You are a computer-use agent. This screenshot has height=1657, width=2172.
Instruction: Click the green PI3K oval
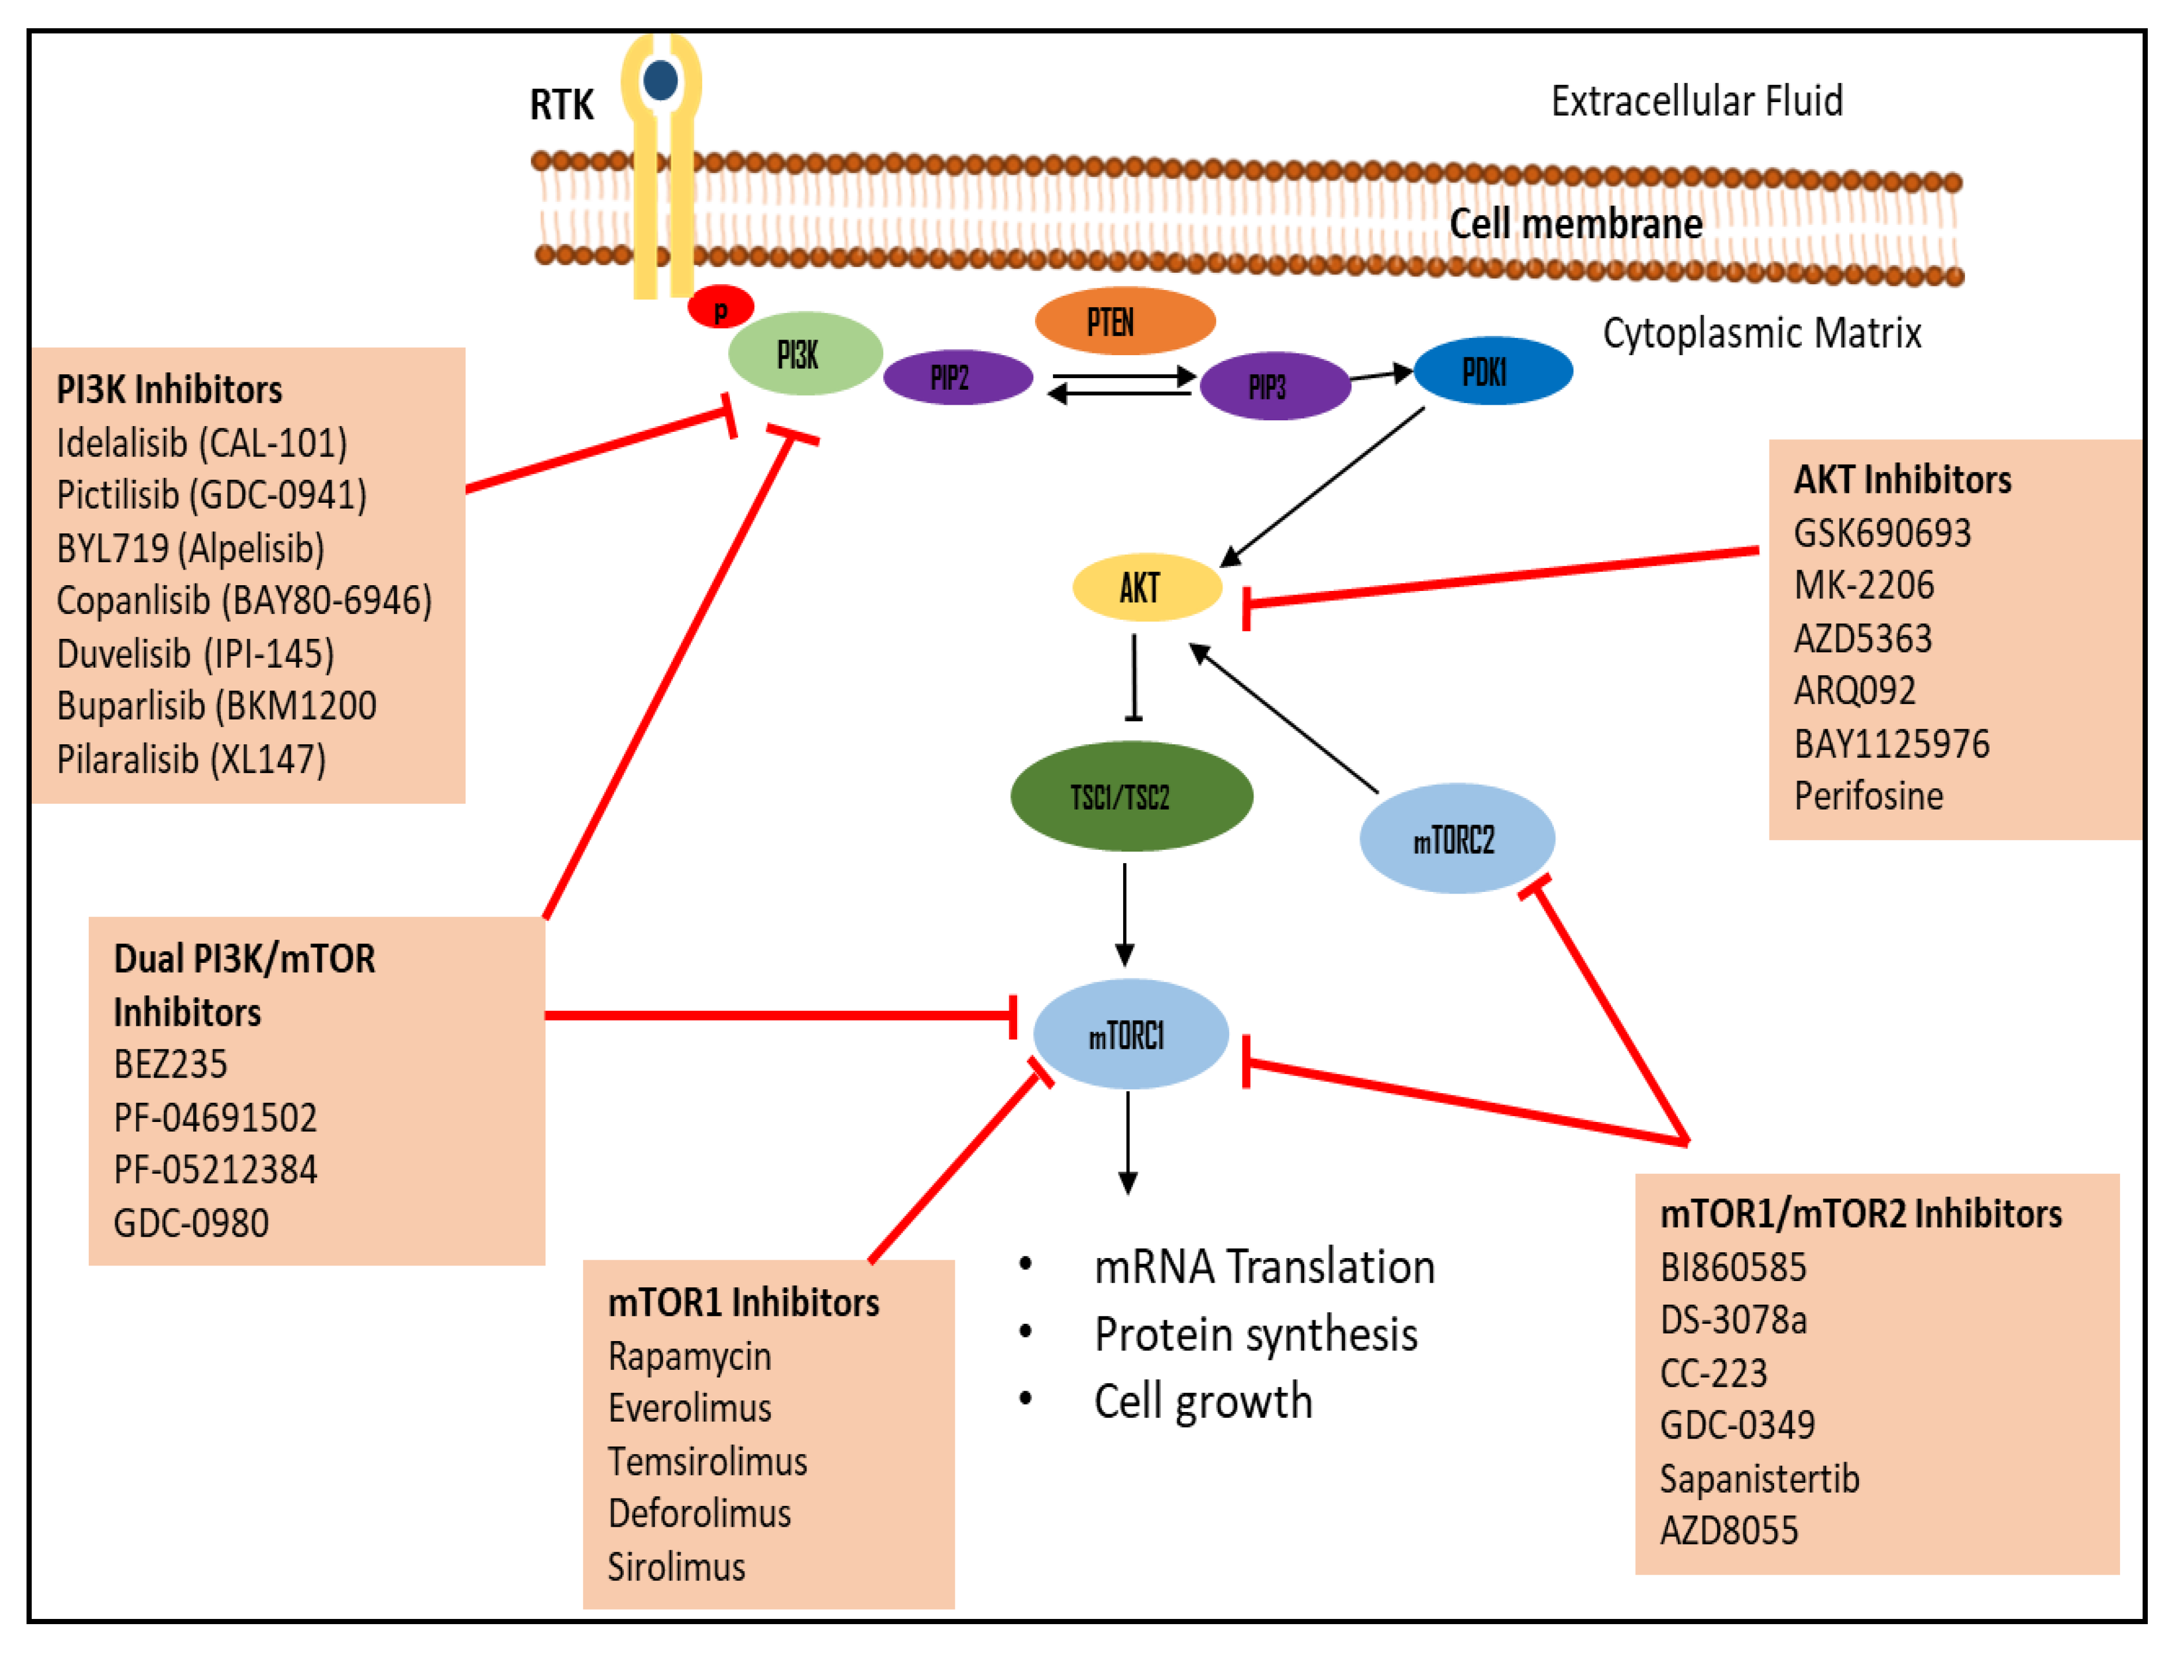tap(804, 353)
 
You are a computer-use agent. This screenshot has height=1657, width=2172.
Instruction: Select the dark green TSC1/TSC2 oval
tap(1130, 796)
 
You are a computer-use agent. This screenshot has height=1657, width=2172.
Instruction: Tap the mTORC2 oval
tap(1456, 838)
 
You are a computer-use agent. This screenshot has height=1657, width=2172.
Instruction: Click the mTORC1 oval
tap(1130, 1034)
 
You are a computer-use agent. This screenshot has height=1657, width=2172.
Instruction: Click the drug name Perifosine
tap(1867, 796)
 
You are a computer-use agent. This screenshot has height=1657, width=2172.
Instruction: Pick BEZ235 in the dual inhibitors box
tap(171, 1064)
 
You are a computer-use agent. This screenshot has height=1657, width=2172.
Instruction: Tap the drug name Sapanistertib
tap(1759, 1478)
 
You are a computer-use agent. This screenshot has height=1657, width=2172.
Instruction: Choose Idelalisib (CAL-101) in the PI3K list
tap(201, 443)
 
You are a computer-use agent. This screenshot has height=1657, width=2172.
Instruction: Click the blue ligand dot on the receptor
tap(660, 80)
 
